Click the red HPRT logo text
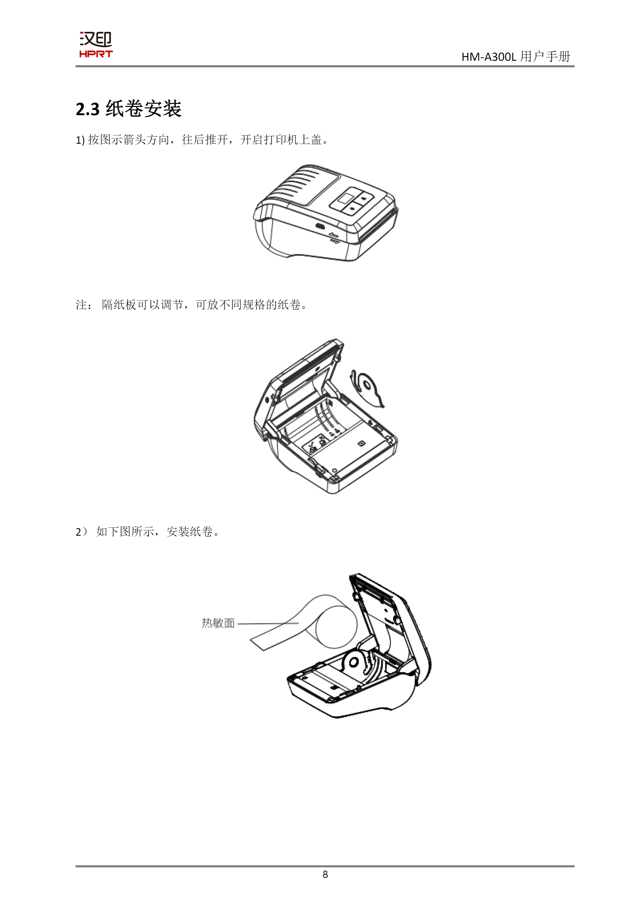click(96, 54)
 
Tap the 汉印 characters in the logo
click(96, 39)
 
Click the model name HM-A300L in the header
click(489, 57)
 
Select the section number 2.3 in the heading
click(88, 109)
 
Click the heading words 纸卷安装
click(144, 109)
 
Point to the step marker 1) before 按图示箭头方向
click(80, 140)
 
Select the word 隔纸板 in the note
click(119, 304)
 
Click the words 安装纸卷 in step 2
click(190, 531)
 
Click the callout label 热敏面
click(218, 623)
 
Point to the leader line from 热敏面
click(268, 624)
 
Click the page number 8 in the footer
click(325, 874)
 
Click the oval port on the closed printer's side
click(320, 227)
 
